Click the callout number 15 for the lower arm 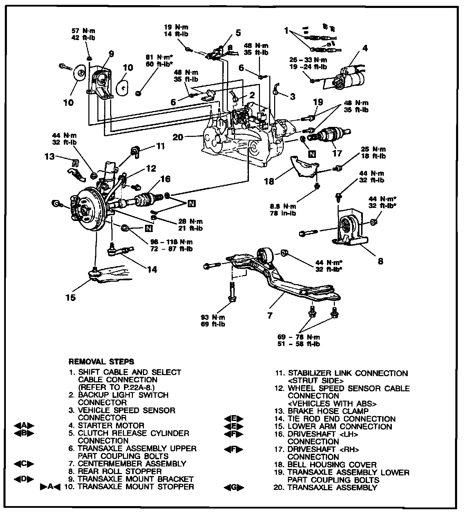tap(70, 297)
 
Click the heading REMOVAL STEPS tap(101, 362)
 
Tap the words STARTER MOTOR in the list tap(111, 425)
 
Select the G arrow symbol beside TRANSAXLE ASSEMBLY tap(233, 487)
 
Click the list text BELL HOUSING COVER tap(332, 464)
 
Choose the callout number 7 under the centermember tap(270, 315)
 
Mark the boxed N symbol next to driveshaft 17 tap(312, 154)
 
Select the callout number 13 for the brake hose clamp tap(50, 156)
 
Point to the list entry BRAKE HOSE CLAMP tap(328, 411)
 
